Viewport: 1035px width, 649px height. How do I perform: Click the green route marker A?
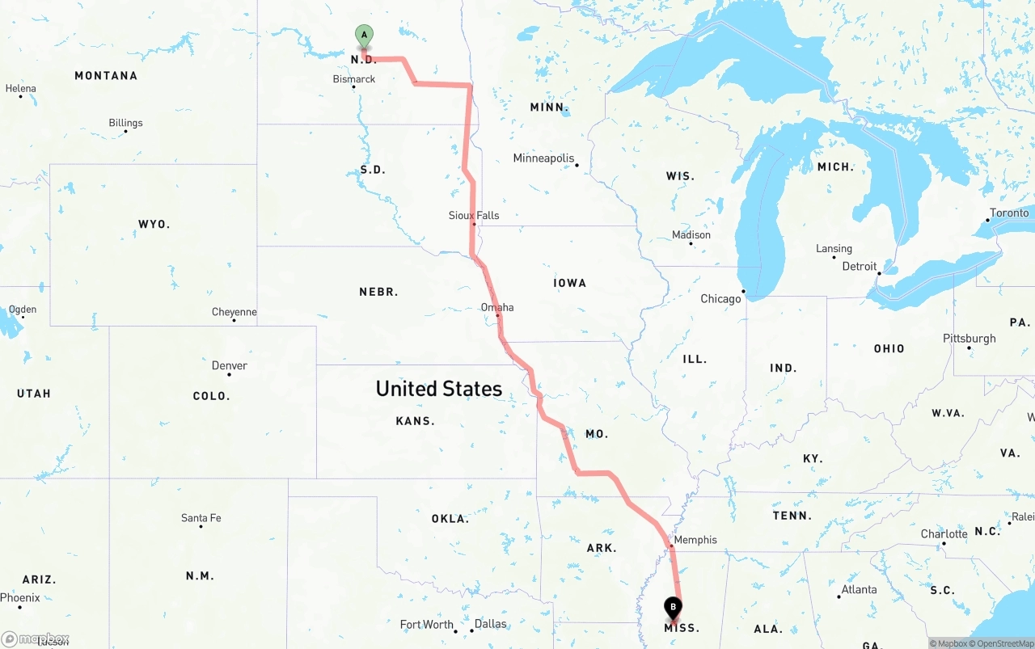tap(364, 36)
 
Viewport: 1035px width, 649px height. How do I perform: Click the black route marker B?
tap(673, 607)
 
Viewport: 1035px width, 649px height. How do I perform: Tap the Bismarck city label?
tap(354, 79)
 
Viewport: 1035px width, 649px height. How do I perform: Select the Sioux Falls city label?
tap(474, 216)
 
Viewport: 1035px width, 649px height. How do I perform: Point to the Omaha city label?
tap(497, 308)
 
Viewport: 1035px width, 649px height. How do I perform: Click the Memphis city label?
tap(695, 540)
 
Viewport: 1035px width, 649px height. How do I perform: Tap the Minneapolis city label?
tap(543, 158)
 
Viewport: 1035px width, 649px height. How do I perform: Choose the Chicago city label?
tap(720, 299)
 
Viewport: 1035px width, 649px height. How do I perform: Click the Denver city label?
tap(230, 366)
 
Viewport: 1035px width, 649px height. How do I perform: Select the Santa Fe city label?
tap(201, 518)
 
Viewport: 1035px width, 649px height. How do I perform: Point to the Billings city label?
tap(125, 123)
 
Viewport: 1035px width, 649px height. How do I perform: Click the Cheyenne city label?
tap(234, 312)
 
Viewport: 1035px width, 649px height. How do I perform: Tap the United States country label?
tap(439, 389)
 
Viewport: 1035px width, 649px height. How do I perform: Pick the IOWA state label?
tap(570, 283)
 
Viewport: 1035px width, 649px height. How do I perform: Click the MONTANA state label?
tap(106, 76)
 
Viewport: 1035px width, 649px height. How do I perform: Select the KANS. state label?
tap(416, 421)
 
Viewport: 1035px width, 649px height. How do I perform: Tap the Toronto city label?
tap(1009, 213)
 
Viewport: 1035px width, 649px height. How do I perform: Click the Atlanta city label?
tap(859, 590)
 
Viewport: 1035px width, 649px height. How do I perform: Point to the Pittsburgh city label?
tap(970, 339)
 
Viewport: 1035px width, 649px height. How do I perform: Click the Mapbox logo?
tap(36, 639)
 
